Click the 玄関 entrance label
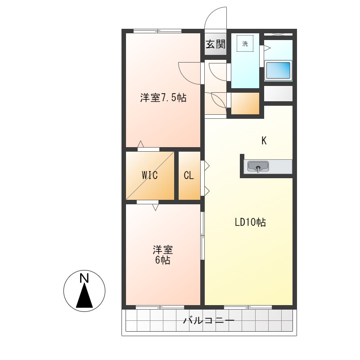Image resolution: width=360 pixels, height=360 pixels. pos(216,44)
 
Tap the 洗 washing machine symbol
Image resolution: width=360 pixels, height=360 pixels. pos(245,44)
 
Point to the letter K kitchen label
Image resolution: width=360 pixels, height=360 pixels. pos(264,141)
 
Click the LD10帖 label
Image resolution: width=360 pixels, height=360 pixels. pos(250,222)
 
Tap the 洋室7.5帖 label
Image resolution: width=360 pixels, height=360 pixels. pos(163,98)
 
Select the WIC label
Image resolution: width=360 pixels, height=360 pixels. pos(150,175)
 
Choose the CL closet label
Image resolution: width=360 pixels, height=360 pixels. pos(189,175)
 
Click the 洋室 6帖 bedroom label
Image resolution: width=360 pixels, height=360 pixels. pos(163,255)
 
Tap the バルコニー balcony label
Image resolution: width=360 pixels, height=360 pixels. pos(208,321)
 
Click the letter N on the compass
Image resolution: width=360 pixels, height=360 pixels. pos(84,279)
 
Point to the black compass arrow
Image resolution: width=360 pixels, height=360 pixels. pos(84,297)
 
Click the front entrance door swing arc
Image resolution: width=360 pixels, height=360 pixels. pos(215,18)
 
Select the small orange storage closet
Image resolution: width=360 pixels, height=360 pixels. pos(245,103)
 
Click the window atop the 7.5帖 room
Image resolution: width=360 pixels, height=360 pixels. pos(157,31)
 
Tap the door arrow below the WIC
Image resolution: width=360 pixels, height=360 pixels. pos(155,207)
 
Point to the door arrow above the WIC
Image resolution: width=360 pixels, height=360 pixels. pos(140,144)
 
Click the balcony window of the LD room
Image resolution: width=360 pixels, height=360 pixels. pos(248,307)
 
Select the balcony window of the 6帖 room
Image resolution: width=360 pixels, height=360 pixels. pos(159,307)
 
